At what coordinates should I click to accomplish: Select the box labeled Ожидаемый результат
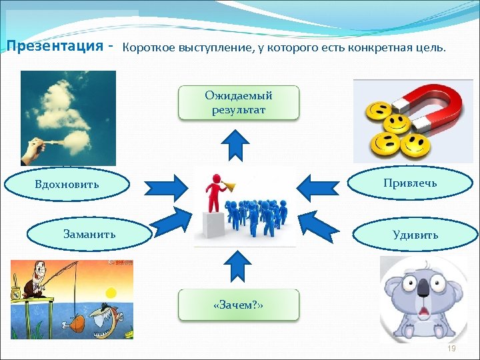tap(239, 103)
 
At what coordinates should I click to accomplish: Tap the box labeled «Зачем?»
tap(239, 305)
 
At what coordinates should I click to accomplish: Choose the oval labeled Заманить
tap(89, 234)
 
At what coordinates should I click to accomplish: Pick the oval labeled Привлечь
tap(410, 183)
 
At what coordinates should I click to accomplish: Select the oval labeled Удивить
tap(415, 235)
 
